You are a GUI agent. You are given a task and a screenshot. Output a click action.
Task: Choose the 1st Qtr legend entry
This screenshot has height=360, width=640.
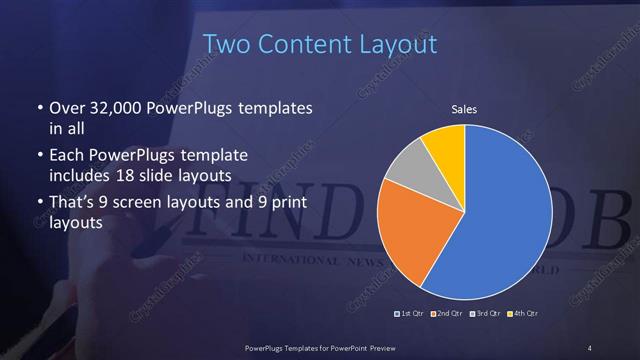click(412, 315)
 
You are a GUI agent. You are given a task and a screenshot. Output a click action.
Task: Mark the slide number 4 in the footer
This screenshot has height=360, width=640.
click(590, 347)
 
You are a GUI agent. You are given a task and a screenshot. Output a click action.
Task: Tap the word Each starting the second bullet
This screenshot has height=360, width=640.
click(65, 156)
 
